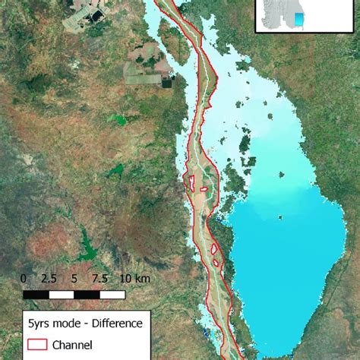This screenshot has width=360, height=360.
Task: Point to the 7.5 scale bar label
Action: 99,279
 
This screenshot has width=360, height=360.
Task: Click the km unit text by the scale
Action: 143,279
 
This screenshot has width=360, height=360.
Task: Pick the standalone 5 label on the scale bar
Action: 74,279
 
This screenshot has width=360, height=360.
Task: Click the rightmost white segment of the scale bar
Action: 112,294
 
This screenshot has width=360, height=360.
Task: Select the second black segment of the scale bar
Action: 87,294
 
